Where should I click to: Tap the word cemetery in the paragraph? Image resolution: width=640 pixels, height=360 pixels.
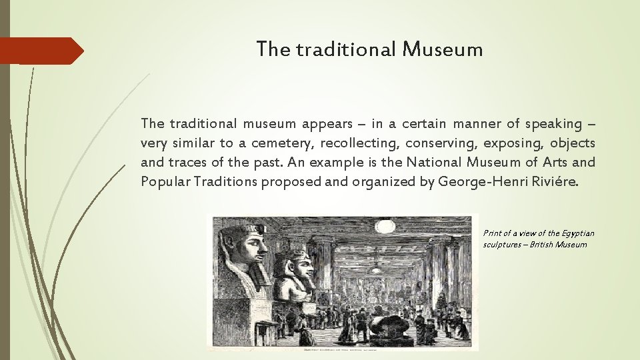tap(278, 143)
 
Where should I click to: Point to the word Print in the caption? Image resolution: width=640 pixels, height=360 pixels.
tap(493, 233)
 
